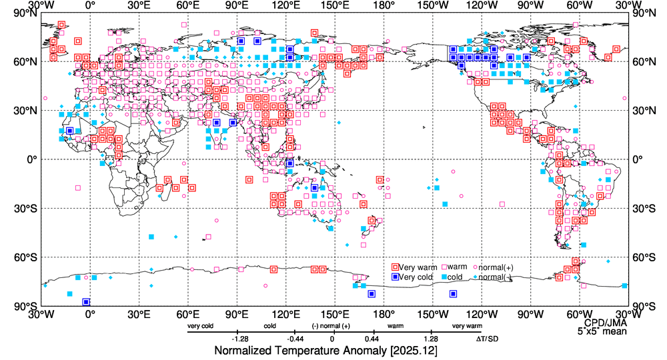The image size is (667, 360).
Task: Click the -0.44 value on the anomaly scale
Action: click(286, 339)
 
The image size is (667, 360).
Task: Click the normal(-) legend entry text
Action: click(495, 277)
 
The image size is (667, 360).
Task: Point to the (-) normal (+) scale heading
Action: click(331, 326)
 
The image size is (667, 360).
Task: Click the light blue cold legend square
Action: click(441, 277)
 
